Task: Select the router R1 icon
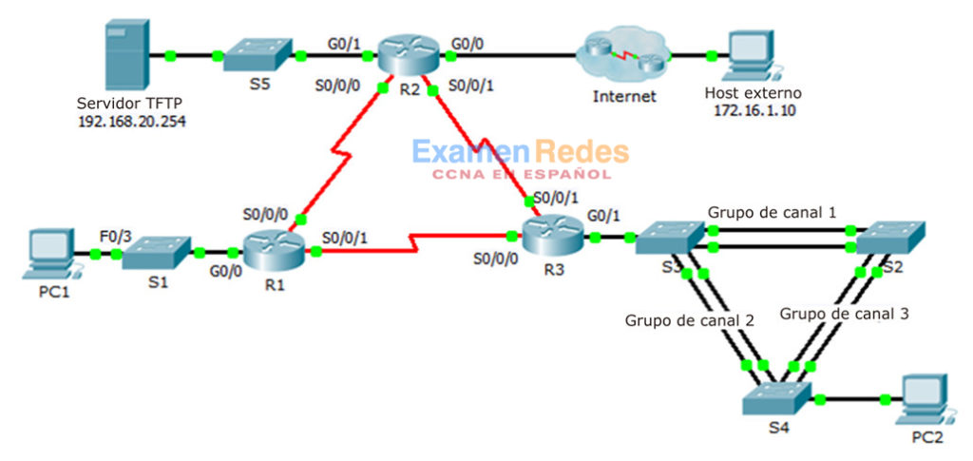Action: (x=272, y=252)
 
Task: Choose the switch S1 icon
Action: (x=157, y=253)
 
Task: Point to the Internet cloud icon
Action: (x=622, y=57)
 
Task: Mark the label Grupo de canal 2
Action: (x=689, y=320)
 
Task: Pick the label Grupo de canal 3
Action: (x=845, y=313)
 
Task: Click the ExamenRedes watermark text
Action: (x=520, y=152)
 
